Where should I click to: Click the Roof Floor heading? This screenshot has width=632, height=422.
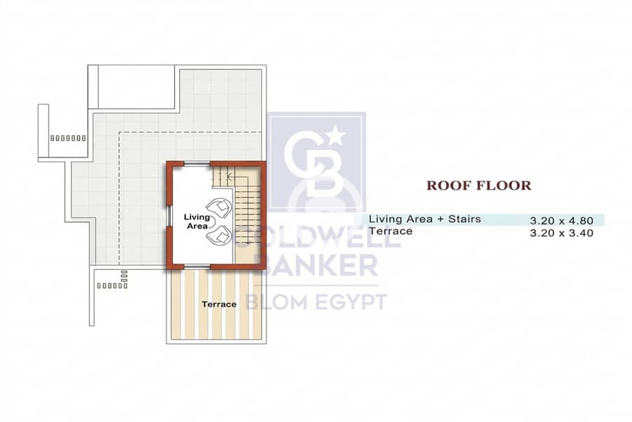pos(479,186)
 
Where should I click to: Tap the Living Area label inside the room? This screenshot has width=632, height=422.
pos(197,222)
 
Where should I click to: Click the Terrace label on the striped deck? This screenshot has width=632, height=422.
pos(219,304)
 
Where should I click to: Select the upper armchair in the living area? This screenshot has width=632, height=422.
pos(218,207)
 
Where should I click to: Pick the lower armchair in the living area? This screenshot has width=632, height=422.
pos(218,235)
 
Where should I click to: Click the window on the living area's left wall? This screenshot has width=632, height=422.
pos(170,216)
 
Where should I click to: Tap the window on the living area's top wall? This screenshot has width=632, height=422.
pos(197,164)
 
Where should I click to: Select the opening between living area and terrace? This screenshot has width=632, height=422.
pos(197,266)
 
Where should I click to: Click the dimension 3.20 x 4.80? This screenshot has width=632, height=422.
pos(562,221)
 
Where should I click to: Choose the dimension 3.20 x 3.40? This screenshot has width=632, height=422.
pos(562,233)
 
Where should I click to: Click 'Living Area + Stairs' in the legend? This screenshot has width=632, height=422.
pos(425,219)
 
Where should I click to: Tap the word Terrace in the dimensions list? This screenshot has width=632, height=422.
pos(390,231)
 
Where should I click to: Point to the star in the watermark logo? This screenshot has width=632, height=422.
pos(336,136)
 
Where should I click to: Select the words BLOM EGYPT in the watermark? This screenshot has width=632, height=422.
pos(317,302)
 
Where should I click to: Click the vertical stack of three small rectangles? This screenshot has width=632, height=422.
pos(124,276)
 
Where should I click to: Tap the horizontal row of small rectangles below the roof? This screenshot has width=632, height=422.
pos(112,286)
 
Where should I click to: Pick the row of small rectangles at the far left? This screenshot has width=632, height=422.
pos(67,138)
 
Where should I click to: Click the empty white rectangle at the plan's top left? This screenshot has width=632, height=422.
pos(136,87)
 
